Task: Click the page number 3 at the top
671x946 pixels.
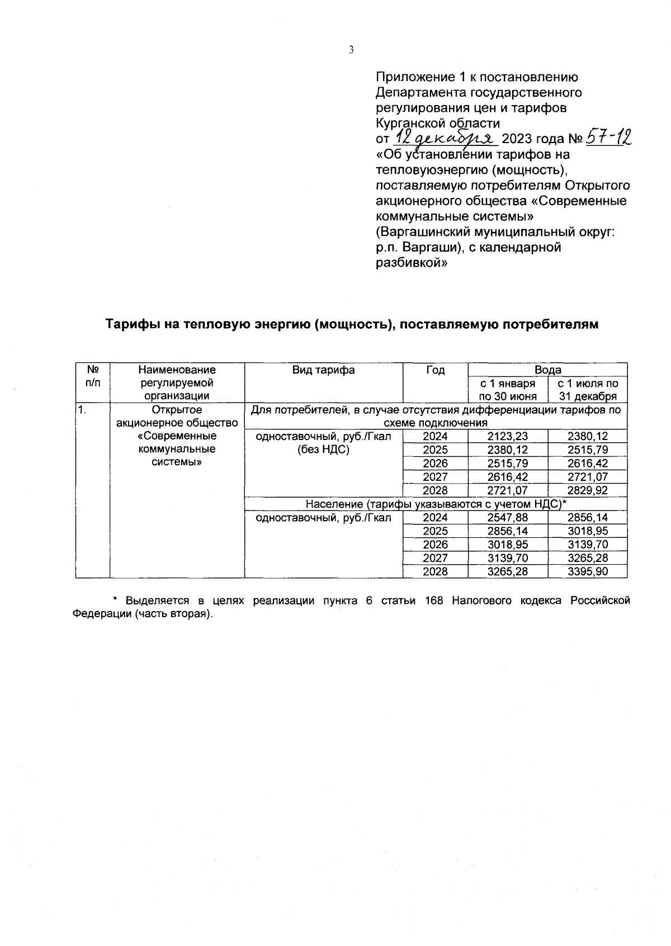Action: (x=351, y=50)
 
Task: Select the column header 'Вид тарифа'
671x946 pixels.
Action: (x=323, y=370)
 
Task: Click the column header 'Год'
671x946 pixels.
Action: (x=435, y=370)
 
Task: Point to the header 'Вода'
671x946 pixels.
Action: (x=547, y=370)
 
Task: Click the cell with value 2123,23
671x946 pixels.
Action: (x=507, y=437)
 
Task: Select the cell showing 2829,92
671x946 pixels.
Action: (x=587, y=490)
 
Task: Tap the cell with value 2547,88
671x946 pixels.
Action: (x=507, y=518)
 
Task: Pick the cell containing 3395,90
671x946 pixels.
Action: (x=587, y=571)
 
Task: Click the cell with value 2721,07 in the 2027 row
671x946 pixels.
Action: (x=587, y=477)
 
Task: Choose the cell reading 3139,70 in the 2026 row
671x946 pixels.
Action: (x=587, y=545)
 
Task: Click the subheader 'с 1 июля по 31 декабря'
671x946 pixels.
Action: (x=588, y=390)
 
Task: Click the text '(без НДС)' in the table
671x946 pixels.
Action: (x=323, y=450)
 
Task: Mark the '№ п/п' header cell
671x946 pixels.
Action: (x=92, y=376)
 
